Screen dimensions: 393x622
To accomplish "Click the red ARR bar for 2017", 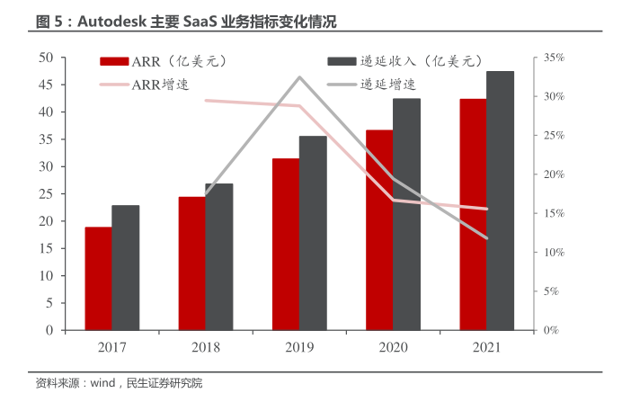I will (99, 279).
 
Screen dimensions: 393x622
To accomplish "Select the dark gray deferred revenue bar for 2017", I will (126, 268).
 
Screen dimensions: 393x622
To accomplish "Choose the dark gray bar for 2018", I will (219, 257).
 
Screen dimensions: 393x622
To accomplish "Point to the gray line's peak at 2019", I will (299, 77).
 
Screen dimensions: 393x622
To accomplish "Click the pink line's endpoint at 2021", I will (486, 209).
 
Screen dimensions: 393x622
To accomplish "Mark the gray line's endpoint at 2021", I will (486, 238).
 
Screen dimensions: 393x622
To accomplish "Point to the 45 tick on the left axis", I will (45, 85).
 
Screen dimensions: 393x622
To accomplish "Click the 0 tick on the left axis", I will (49, 330).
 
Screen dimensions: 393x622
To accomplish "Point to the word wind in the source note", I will (102, 383).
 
